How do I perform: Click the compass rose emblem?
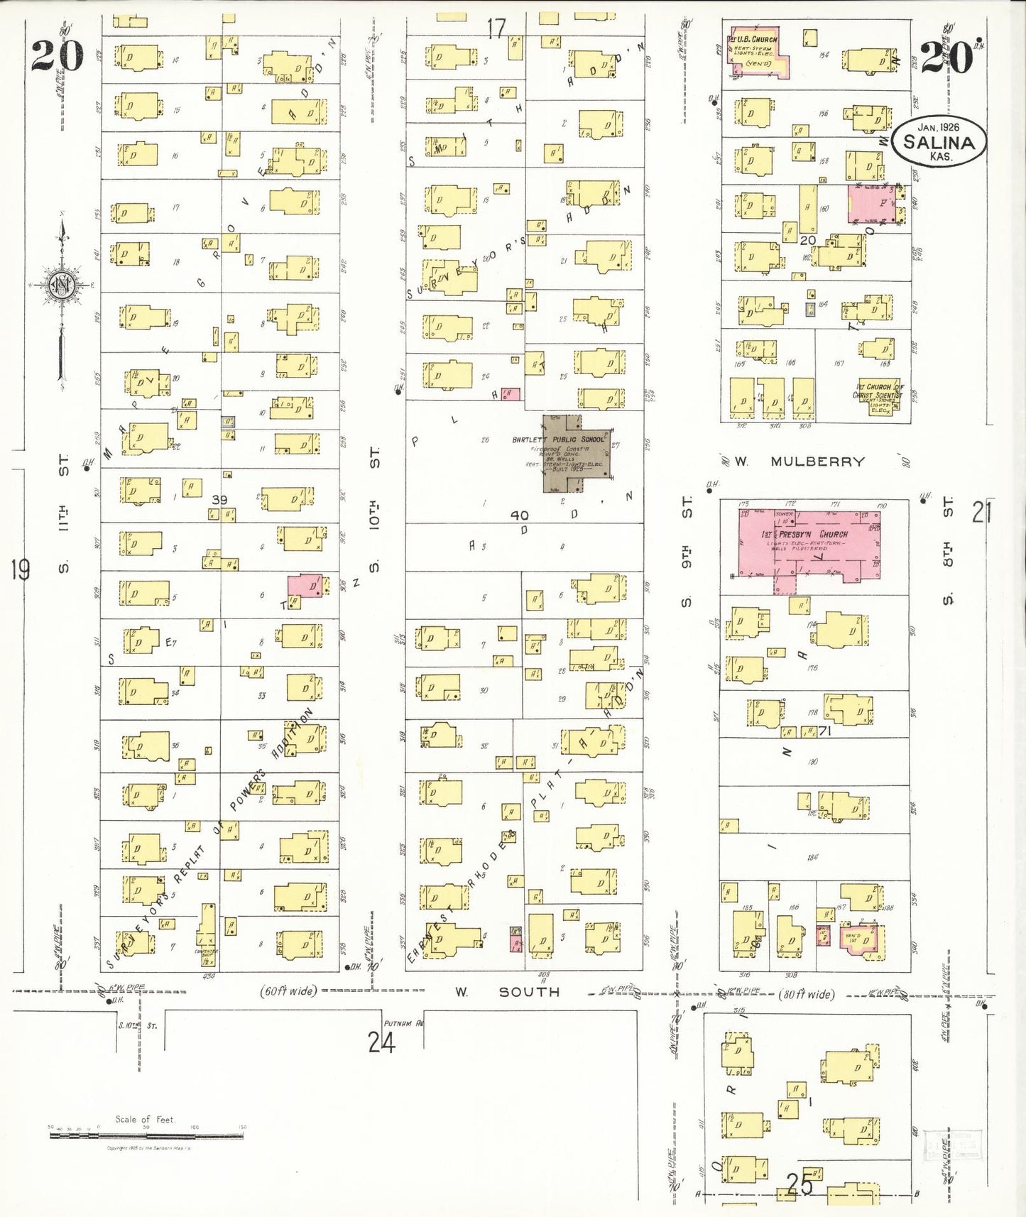pyautogui.click(x=62, y=285)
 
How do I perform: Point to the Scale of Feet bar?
pyautogui.click(x=146, y=1135)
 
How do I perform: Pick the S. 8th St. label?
pyautogui.click(x=947, y=550)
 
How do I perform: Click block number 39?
pyautogui.click(x=219, y=500)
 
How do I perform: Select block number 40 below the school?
pyautogui.click(x=520, y=515)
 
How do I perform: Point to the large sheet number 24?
pyautogui.click(x=381, y=1042)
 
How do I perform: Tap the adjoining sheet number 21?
pyautogui.click(x=981, y=511)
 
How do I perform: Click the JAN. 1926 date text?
pyautogui.click(x=938, y=127)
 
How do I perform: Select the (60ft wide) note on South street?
pyautogui.click(x=289, y=990)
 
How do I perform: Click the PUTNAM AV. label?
pyautogui.click(x=402, y=1023)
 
